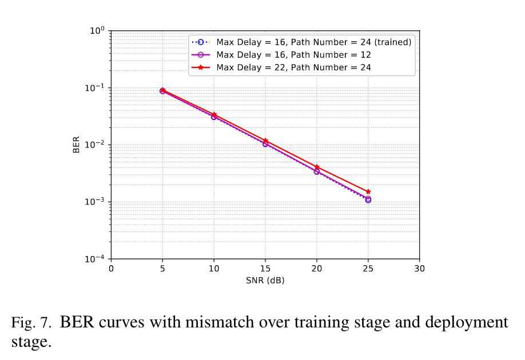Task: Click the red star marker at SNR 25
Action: pyautogui.click(x=368, y=191)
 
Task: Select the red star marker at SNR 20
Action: pyautogui.click(x=317, y=167)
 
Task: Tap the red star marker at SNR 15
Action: pyautogui.click(x=265, y=140)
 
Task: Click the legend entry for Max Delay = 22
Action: pyautogui.click(x=293, y=67)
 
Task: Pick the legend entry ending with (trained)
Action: pyautogui.click(x=313, y=42)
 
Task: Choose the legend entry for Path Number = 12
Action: pyautogui.click(x=293, y=55)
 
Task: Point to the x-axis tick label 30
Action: pyautogui.click(x=420, y=269)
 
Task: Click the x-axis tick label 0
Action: pyautogui.click(x=111, y=269)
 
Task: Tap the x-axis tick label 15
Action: pyautogui.click(x=265, y=269)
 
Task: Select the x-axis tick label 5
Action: pyautogui.click(x=162, y=269)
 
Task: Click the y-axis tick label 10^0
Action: pyautogui.click(x=97, y=31)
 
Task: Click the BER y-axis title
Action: pyautogui.click(x=76, y=145)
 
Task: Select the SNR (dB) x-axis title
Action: pyautogui.click(x=265, y=281)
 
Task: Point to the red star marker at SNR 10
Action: pyautogui.click(x=214, y=114)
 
